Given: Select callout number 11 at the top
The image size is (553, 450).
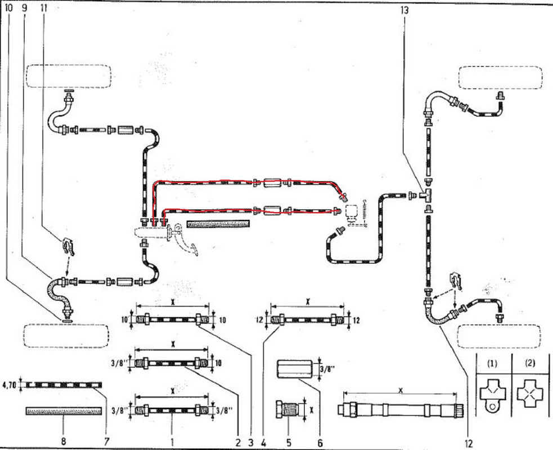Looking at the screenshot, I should coord(44,8).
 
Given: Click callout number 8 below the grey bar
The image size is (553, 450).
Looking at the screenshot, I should coord(63,441).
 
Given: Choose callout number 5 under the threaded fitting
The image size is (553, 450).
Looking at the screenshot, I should coord(288,441).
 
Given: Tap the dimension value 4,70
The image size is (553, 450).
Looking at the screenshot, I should coord(10,385).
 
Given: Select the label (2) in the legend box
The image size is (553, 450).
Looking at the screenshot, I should coord(529,363).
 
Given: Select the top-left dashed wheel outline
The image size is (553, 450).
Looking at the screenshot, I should coord(68,76).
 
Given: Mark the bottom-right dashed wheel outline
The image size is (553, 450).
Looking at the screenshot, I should coord(499,336).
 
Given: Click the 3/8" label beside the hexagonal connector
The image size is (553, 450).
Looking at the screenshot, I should coord(325,369).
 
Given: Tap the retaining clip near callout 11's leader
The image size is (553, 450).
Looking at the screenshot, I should coord(67,246).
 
